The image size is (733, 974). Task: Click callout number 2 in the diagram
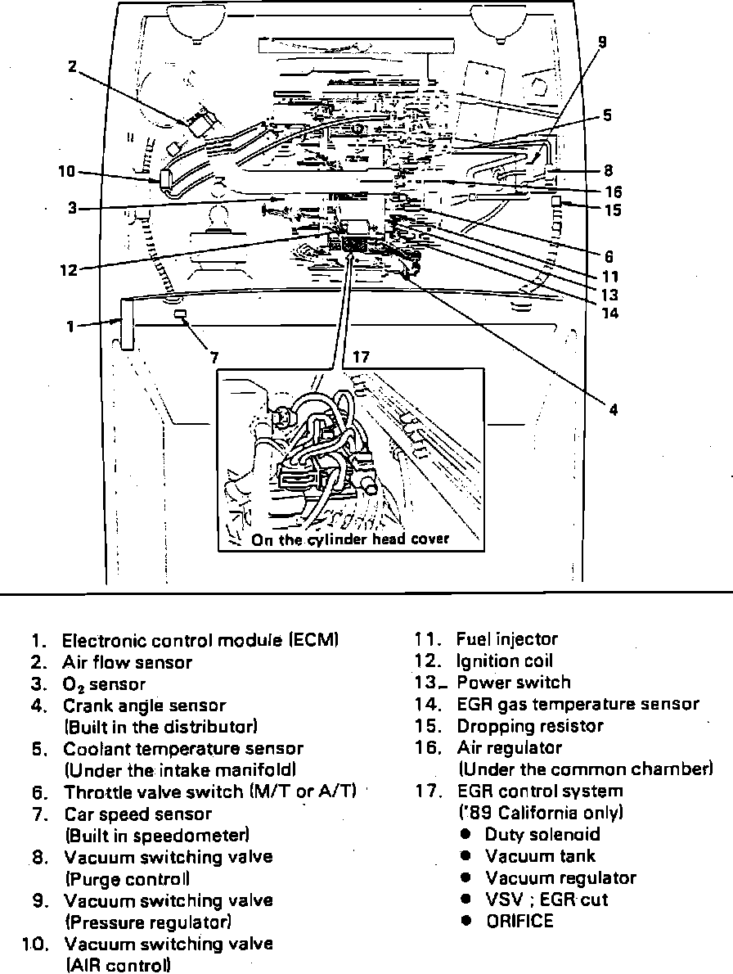(72, 67)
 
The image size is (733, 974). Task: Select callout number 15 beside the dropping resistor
(612, 210)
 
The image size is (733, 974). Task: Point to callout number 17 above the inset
(362, 357)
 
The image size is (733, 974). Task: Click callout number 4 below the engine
(613, 409)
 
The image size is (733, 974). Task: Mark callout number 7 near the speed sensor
(214, 357)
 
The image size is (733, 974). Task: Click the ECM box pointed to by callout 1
(127, 324)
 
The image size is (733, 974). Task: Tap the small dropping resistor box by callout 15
(556, 201)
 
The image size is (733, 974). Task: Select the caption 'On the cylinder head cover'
(350, 539)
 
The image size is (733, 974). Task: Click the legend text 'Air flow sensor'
(127, 662)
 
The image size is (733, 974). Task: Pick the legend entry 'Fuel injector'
(507, 639)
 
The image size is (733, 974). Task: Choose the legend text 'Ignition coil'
(505, 661)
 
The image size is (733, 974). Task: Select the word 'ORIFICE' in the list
(519, 921)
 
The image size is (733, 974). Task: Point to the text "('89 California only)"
(541, 813)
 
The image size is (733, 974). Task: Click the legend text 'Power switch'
(514, 683)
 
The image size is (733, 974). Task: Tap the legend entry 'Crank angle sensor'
(145, 706)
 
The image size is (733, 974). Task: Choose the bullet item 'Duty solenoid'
(542, 835)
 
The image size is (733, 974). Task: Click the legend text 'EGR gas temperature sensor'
(578, 704)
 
